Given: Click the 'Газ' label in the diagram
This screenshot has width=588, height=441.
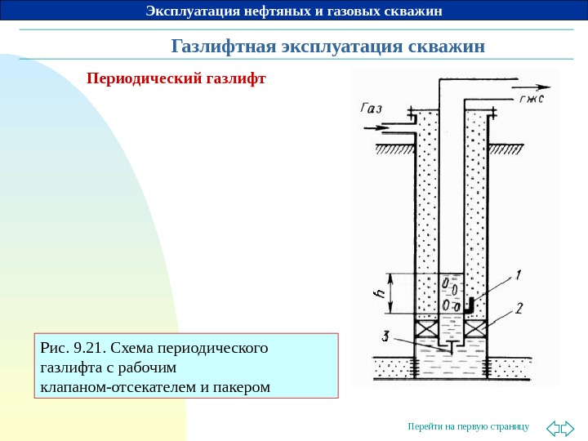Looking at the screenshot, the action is (x=370, y=108).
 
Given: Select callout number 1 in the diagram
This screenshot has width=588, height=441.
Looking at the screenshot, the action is (x=519, y=275).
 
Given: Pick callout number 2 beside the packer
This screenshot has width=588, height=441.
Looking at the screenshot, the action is (x=519, y=310).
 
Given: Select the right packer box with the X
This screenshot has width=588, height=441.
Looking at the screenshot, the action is (x=476, y=327).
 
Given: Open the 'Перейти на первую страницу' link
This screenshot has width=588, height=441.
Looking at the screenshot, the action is (x=468, y=427).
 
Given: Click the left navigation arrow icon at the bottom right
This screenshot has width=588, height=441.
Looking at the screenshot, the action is (x=552, y=427).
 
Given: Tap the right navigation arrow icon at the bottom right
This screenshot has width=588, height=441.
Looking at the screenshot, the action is (x=568, y=427).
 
